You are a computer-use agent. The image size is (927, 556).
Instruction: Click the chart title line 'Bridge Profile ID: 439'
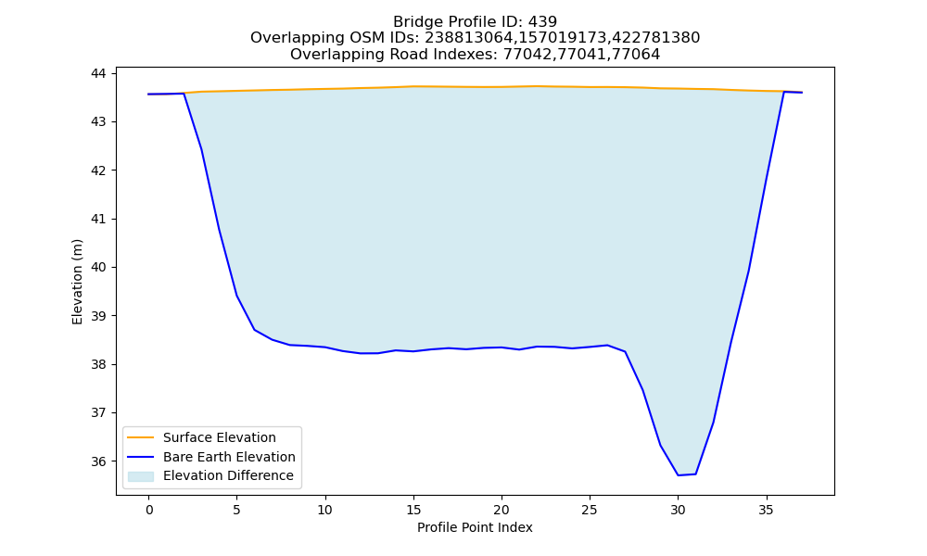pos(475,22)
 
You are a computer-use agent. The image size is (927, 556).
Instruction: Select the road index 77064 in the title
pos(637,55)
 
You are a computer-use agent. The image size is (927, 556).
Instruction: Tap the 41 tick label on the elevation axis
pos(98,219)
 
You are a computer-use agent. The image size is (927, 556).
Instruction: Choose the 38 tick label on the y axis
pos(98,364)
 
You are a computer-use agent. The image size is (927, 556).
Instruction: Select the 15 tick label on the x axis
pos(413,510)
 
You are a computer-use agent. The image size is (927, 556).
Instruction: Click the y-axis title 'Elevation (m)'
pos(78,282)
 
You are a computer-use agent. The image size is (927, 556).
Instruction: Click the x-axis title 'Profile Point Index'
pos(475,527)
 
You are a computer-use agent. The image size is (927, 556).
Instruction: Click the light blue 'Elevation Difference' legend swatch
pos(141,476)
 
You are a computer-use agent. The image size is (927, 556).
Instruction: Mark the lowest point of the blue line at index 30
pos(679,475)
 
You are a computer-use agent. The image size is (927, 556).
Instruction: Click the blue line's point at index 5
pos(236,295)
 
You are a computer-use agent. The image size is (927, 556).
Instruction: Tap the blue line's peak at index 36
pos(784,92)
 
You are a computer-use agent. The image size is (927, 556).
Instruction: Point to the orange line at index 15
pos(413,86)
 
